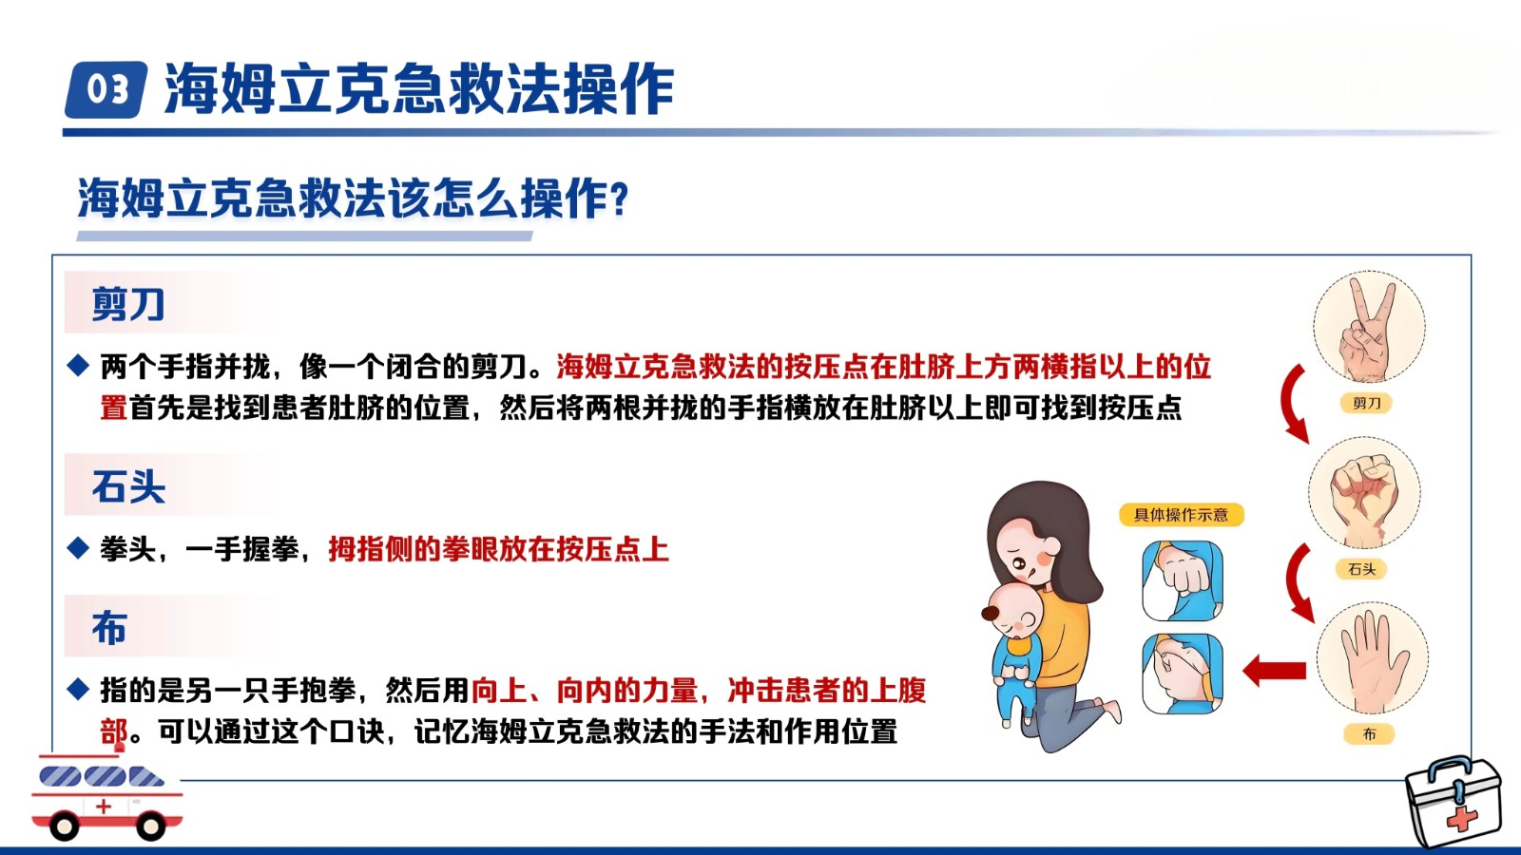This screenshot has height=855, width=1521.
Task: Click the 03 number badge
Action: click(x=106, y=89)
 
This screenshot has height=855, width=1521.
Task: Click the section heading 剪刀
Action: click(x=128, y=303)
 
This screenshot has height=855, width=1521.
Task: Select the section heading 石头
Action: click(x=128, y=485)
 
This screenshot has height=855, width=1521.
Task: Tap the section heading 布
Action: click(x=109, y=627)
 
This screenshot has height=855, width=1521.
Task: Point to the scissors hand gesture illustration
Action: click(x=1368, y=328)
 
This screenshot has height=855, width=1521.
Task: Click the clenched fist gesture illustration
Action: click(x=1364, y=493)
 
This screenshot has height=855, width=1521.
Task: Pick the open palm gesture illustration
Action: click(x=1373, y=658)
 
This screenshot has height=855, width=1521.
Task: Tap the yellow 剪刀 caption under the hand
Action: click(x=1366, y=403)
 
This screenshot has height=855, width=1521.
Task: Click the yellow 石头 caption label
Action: click(x=1361, y=569)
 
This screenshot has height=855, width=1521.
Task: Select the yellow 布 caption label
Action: click(x=1369, y=734)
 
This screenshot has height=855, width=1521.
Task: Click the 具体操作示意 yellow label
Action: click(x=1182, y=514)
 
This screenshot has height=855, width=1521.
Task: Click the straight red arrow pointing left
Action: click(x=1274, y=671)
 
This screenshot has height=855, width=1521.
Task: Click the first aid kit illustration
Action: click(x=1454, y=802)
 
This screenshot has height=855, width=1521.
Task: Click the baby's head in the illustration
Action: click(x=1011, y=612)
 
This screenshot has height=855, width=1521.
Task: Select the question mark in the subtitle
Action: click(x=618, y=199)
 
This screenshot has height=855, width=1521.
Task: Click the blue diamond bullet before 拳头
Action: click(x=78, y=548)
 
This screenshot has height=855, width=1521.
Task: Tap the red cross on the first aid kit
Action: click(x=1461, y=819)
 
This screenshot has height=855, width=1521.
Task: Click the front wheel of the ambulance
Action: click(x=64, y=826)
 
